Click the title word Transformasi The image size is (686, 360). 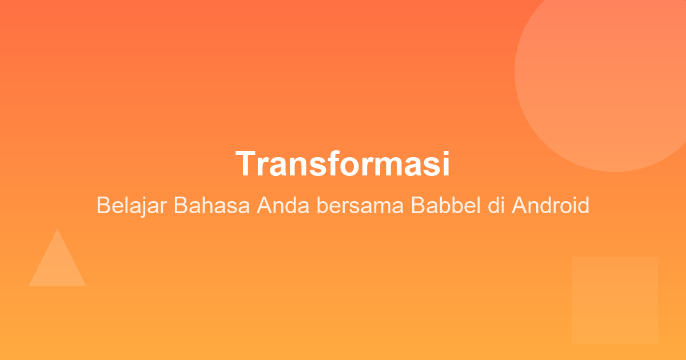coord(342,164)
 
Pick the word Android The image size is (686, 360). coord(550,205)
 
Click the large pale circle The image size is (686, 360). coord(612,74)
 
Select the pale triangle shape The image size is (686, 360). coord(57,266)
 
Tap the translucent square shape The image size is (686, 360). coord(615,300)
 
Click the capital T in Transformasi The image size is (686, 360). coord(246,164)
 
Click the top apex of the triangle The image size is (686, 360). coord(57,230)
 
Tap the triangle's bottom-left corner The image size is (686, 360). coord(30,285)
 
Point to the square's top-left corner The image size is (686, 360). coord(573,258)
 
